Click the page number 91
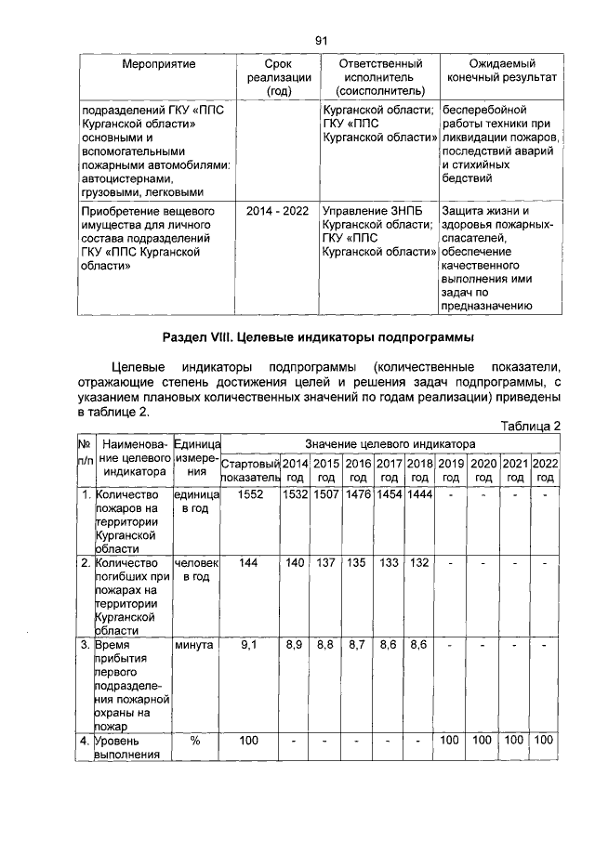pyautogui.click(x=323, y=40)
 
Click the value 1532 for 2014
pyautogui.click(x=295, y=495)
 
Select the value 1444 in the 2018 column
pyautogui.click(x=419, y=495)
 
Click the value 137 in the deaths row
pyautogui.click(x=326, y=563)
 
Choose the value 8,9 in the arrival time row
pyautogui.click(x=295, y=643)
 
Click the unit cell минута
pyautogui.click(x=193, y=643)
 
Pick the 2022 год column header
pyautogui.click(x=546, y=469)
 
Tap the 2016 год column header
pyautogui.click(x=358, y=469)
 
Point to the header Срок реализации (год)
pyautogui.click(x=279, y=76)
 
